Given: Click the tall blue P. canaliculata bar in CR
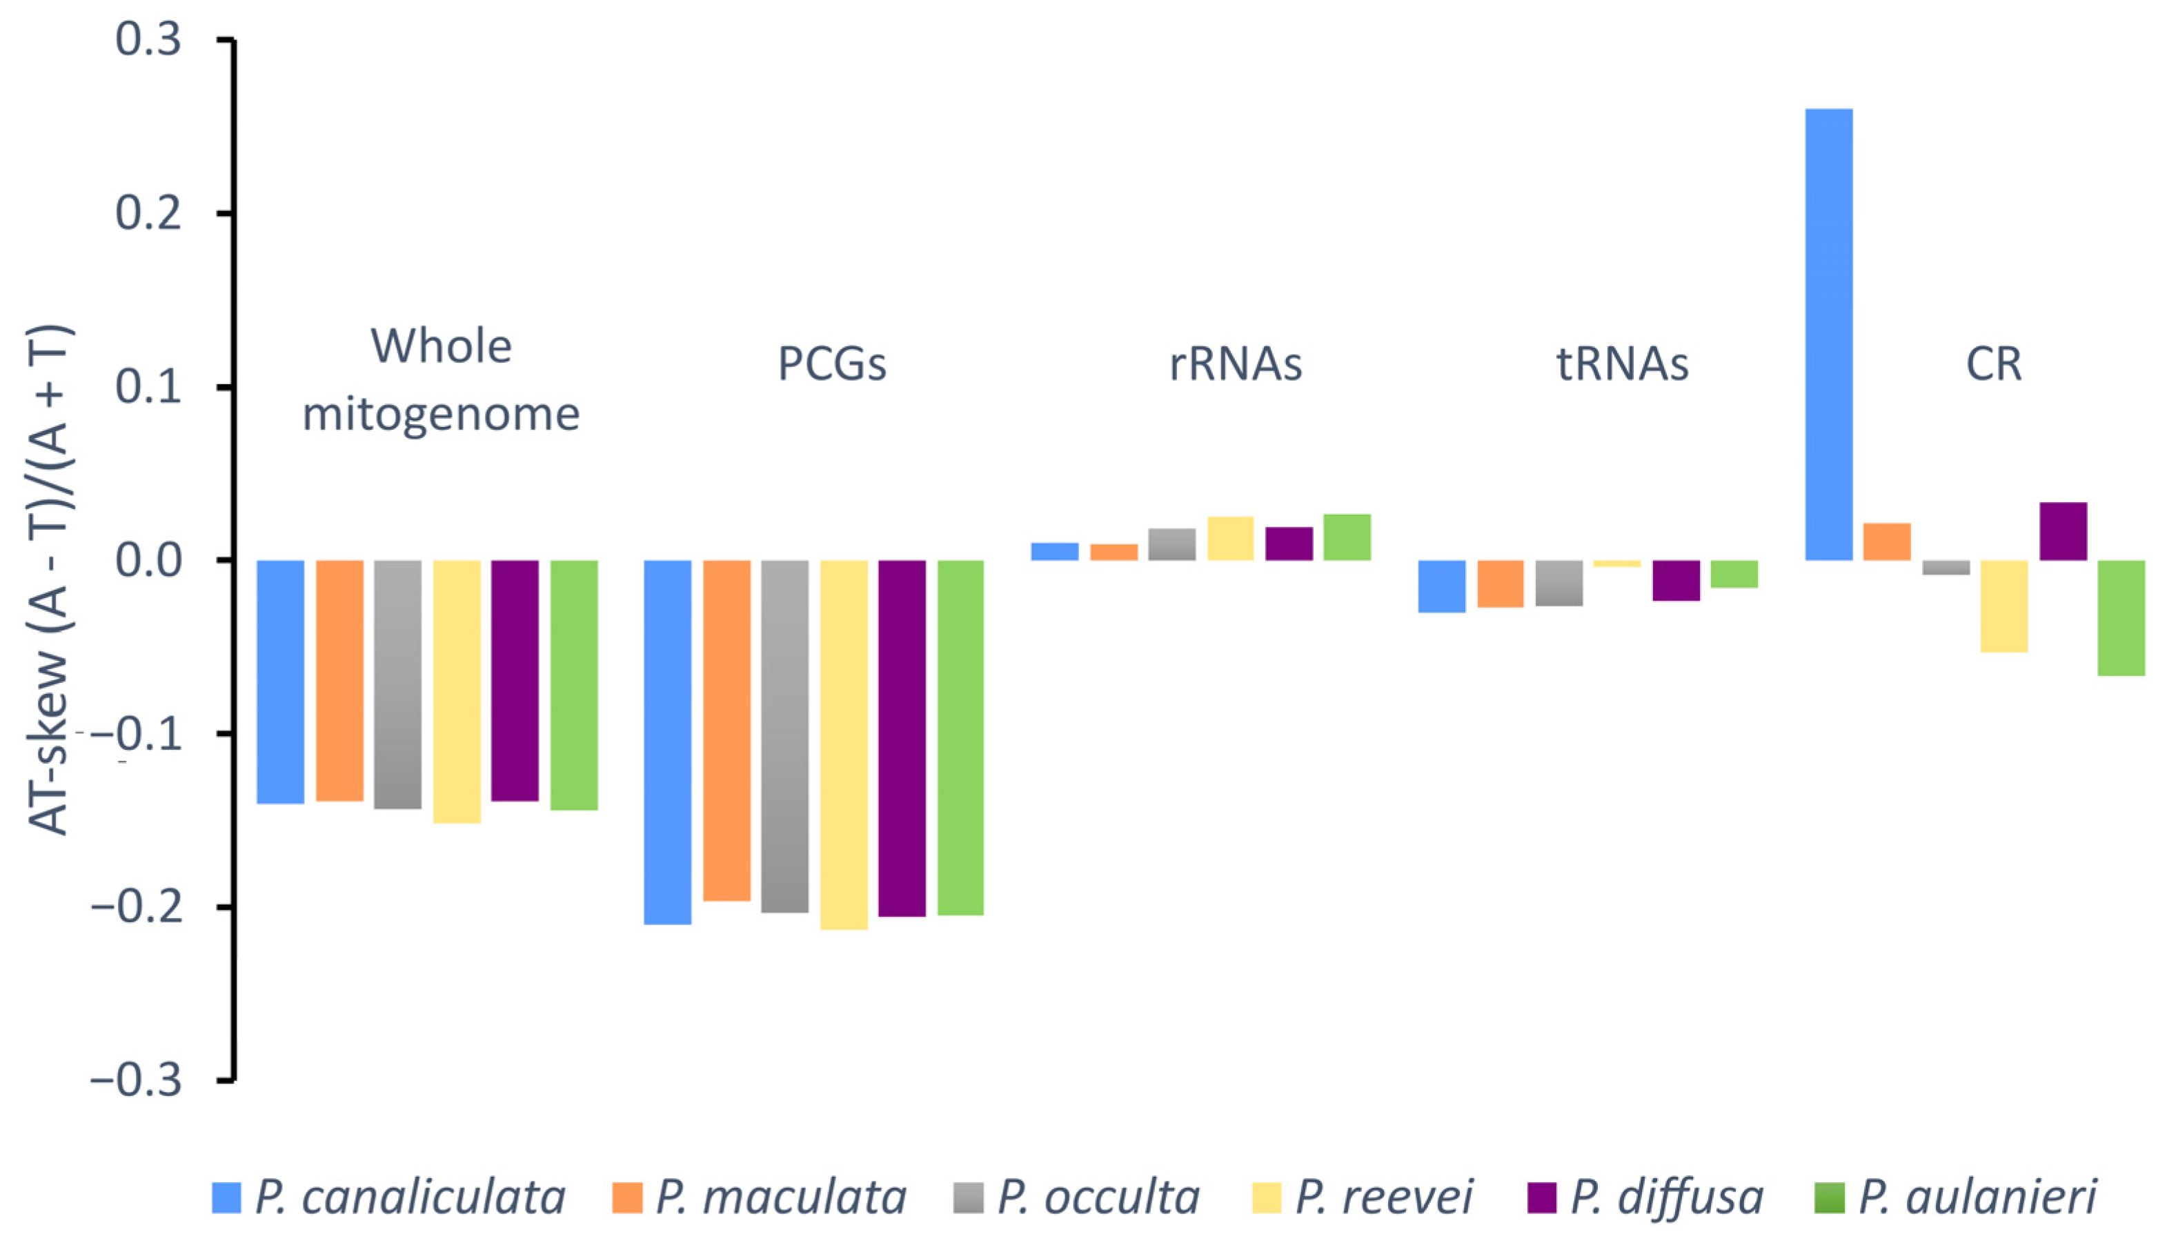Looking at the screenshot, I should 1829,334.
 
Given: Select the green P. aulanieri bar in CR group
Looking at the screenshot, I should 2121,617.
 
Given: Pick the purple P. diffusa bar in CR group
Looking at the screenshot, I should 2063,531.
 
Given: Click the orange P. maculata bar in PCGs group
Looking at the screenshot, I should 726,730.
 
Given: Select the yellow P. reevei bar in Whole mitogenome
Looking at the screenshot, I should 457,690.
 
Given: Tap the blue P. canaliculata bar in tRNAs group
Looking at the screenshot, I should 1441,586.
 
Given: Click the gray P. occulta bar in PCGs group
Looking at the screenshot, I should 784,736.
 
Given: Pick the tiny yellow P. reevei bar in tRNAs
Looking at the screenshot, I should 1616,564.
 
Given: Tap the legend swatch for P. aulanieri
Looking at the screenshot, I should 1829,1197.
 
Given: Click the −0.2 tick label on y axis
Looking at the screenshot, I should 137,906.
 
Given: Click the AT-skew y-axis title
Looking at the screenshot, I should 50,581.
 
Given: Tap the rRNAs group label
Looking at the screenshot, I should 1235,364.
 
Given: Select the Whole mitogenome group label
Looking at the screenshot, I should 442,380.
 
